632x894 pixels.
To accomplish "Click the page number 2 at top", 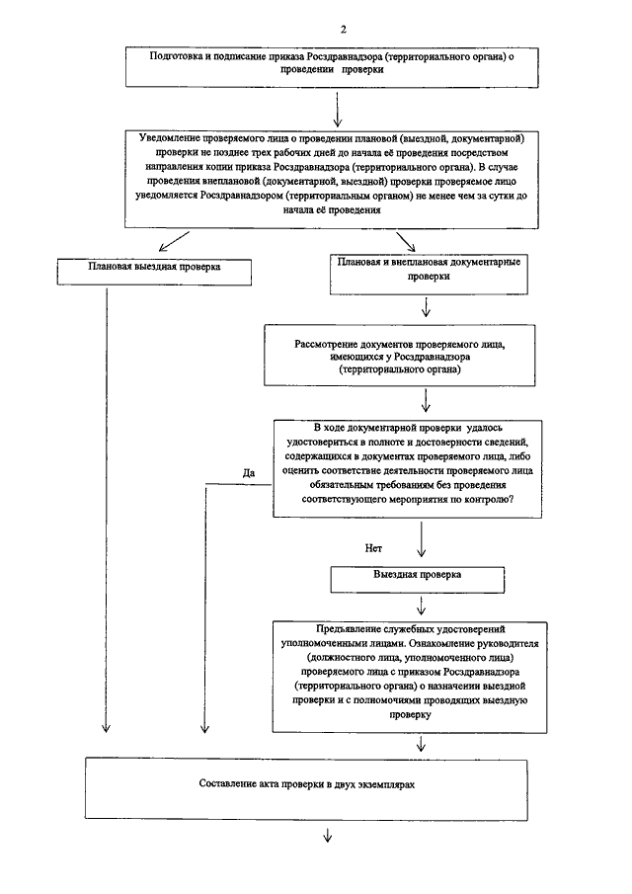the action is tap(343, 30).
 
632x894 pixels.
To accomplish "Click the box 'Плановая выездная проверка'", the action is tap(154, 272).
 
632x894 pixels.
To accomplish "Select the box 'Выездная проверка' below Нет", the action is tap(417, 579).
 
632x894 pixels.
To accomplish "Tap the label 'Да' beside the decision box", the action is tap(249, 472).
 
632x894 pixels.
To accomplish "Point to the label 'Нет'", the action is tap(373, 548).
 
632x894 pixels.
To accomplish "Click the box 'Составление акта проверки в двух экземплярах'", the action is tap(306, 789).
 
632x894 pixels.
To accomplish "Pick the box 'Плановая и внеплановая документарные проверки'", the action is tap(429, 275).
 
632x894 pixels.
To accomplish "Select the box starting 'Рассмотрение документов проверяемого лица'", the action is tap(400, 356).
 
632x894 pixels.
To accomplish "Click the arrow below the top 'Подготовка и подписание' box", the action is tap(338, 109).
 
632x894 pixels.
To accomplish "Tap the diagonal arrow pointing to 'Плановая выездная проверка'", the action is tap(174, 241).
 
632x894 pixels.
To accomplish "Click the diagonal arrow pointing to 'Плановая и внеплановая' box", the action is tap(406, 241).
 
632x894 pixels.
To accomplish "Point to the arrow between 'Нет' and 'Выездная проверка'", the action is tap(421, 538).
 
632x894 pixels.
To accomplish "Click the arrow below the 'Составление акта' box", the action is tap(328, 836).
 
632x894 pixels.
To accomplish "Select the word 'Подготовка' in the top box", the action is tap(172, 56).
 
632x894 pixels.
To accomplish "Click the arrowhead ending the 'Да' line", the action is tap(205, 729).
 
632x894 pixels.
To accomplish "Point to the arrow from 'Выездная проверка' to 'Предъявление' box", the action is tap(421, 607).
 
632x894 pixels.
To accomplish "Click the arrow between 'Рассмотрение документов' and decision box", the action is tap(426, 400).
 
